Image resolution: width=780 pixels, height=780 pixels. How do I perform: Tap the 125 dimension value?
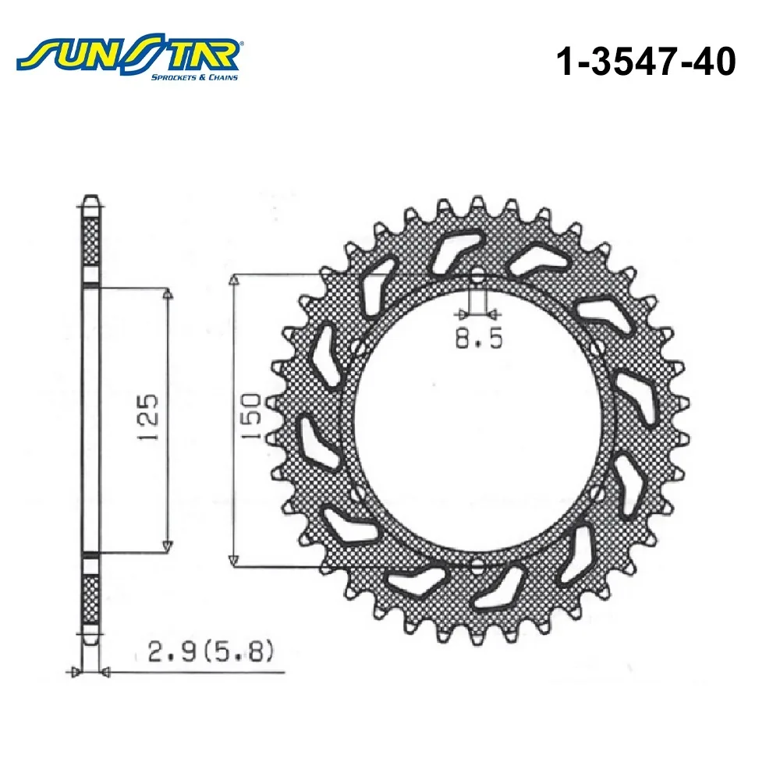click(x=147, y=417)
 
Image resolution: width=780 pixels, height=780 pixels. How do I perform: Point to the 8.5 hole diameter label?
click(x=479, y=339)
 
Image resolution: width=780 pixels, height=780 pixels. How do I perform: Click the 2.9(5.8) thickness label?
click(x=211, y=652)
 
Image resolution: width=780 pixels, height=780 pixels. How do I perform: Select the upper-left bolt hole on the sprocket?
click(x=357, y=347)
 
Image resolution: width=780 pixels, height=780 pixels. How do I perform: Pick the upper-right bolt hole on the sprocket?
click(x=597, y=347)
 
